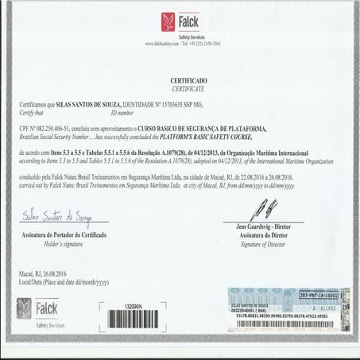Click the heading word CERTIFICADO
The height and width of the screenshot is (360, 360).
click(188, 81)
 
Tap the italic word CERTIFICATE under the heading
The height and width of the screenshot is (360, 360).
click(188, 90)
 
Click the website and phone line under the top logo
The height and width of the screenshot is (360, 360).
click(184, 45)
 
